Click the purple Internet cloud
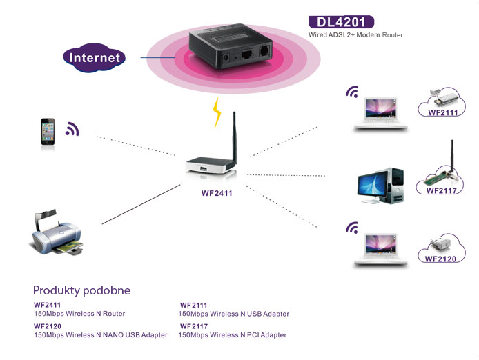coord(94,58)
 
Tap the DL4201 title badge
coord(341,21)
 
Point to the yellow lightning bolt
coord(218,112)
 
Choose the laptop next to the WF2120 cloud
coord(377,249)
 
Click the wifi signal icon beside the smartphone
coord(72,129)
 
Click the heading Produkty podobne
coord(81,290)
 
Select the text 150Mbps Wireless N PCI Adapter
coord(232,335)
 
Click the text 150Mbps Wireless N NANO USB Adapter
coord(101,335)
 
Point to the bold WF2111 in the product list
coord(194,305)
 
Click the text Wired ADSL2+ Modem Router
coord(355,34)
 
